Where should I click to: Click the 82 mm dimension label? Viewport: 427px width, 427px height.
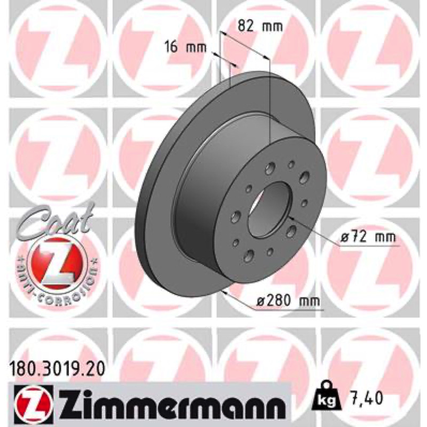[260, 26]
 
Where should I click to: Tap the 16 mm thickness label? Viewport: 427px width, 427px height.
[185, 48]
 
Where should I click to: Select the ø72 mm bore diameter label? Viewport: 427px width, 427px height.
[368, 237]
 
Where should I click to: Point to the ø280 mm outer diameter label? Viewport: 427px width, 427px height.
[288, 301]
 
